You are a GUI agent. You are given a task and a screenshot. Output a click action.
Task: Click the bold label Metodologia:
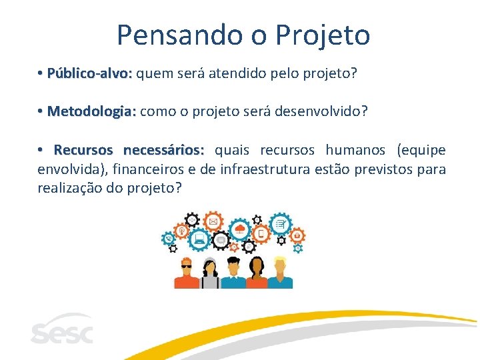pos(92,111)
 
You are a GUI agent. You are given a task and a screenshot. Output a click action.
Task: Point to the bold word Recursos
pos(85,150)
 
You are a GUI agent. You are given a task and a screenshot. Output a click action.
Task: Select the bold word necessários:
pos(164,150)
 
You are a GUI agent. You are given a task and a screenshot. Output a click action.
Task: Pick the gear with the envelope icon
pos(213,221)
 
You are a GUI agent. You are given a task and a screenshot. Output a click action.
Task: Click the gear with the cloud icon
pos(240,231)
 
